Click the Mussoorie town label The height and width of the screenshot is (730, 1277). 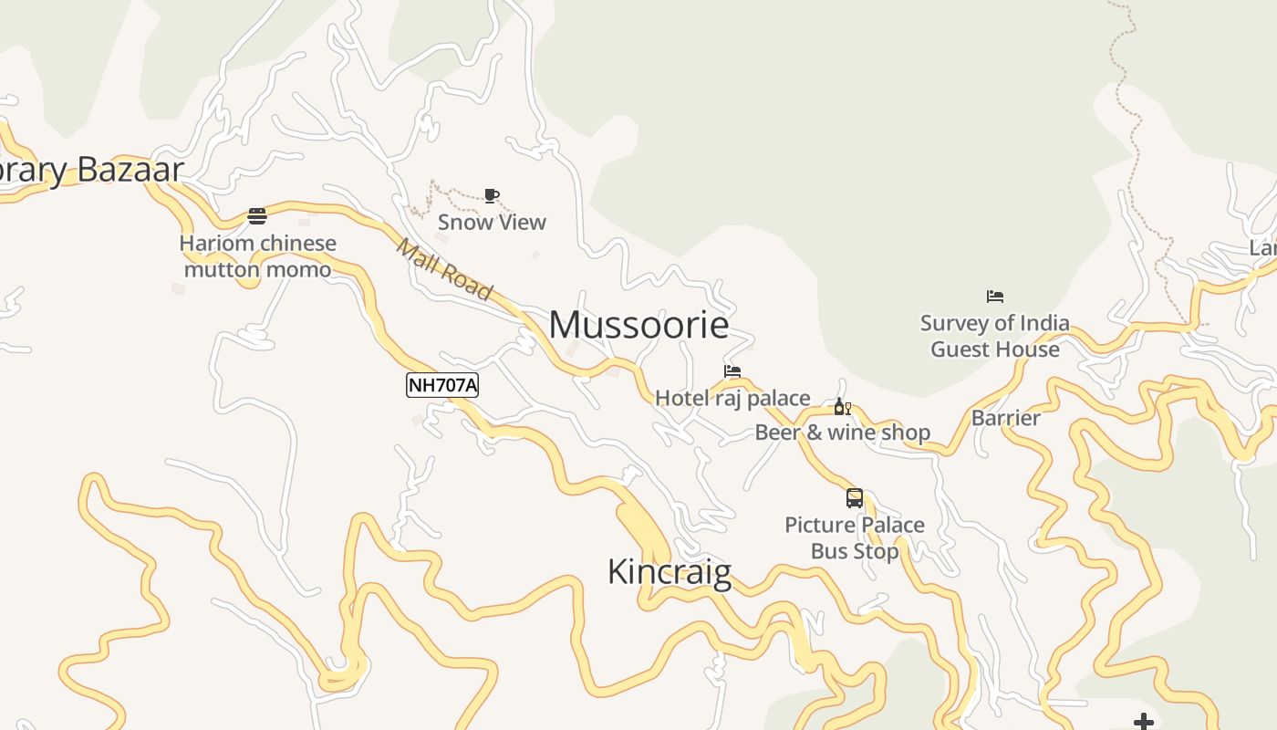click(638, 325)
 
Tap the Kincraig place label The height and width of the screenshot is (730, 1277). click(669, 572)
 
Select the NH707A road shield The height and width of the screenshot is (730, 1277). click(441, 385)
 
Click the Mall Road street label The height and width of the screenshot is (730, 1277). click(444, 269)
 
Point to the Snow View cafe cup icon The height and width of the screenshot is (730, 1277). click(492, 195)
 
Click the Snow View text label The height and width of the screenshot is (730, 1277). click(492, 222)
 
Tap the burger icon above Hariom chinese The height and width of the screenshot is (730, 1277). click(257, 216)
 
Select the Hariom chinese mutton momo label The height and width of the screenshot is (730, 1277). click(258, 256)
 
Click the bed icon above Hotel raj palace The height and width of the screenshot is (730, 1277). click(732, 371)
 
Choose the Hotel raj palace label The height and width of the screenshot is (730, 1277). click(732, 398)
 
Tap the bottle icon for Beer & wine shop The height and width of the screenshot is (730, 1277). click(842, 406)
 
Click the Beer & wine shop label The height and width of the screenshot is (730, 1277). click(842, 433)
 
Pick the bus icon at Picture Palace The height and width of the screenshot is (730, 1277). click(855, 498)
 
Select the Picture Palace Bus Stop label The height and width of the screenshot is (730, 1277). click(855, 537)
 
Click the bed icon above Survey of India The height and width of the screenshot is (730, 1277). click(995, 297)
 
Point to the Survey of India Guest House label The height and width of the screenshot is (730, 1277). click(995, 336)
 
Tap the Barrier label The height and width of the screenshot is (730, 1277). click(1006, 418)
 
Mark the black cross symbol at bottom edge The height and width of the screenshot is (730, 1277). click(1143, 723)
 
